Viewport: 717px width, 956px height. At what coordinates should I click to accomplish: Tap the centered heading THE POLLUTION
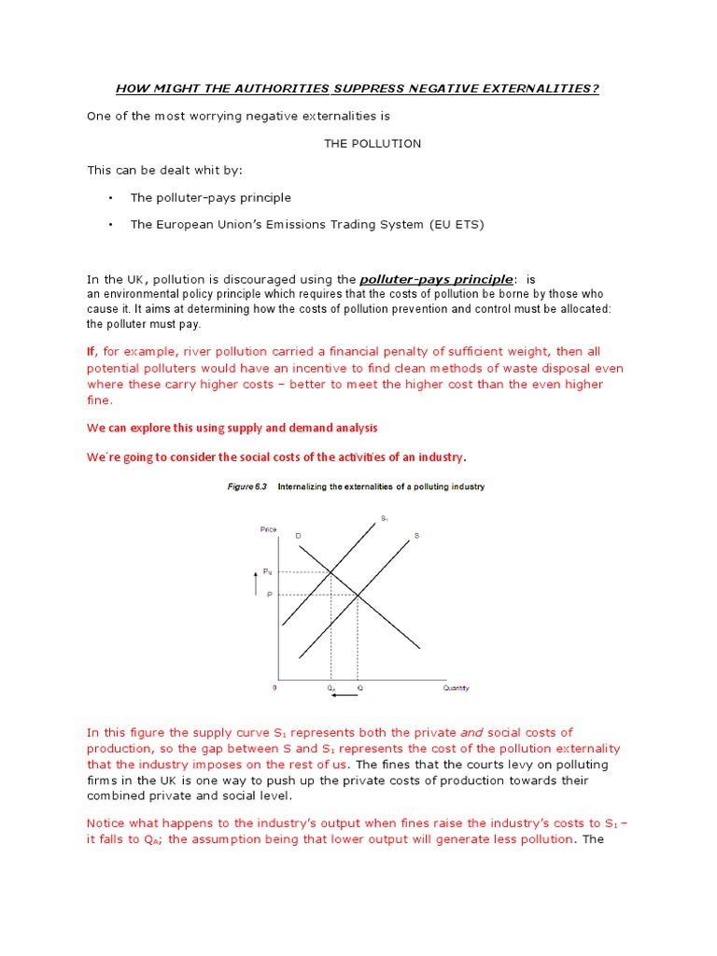click(373, 144)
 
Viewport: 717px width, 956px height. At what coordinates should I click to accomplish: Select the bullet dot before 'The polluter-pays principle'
click(110, 198)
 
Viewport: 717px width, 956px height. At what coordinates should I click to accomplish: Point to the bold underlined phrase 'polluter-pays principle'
click(436, 279)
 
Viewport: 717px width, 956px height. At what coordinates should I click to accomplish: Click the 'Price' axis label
click(268, 529)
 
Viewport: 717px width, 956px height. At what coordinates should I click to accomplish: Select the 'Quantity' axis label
click(456, 688)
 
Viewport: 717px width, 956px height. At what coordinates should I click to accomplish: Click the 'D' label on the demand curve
click(298, 535)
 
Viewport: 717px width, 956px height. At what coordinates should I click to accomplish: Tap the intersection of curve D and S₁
click(330, 571)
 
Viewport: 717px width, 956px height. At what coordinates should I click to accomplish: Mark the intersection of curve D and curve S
click(358, 595)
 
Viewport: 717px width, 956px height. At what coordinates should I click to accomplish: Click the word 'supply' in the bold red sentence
click(222, 428)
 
